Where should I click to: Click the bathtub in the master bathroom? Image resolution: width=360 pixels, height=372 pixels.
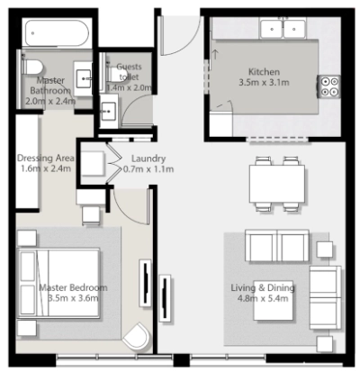pyautogui.click(x=57, y=33)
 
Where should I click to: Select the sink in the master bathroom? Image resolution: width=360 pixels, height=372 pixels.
pyautogui.click(x=83, y=78)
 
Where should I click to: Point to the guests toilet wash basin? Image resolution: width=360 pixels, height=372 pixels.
pyautogui.click(x=108, y=111)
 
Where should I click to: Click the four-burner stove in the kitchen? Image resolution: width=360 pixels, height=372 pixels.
pyautogui.click(x=328, y=86)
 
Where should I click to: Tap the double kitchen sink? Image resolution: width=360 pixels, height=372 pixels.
pyautogui.click(x=283, y=29)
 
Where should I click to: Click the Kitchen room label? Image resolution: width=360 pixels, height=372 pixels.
pyautogui.click(x=264, y=72)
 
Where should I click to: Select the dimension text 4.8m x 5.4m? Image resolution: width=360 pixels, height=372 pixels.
pyautogui.click(x=263, y=298)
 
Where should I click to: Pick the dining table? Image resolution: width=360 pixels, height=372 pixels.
pyautogui.click(x=277, y=184)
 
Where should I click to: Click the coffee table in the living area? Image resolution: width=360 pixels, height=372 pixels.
pyautogui.click(x=273, y=300)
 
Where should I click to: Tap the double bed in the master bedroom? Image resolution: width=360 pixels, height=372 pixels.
pyautogui.click(x=58, y=283)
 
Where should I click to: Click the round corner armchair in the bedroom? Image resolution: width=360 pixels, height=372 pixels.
pyautogui.click(x=137, y=336)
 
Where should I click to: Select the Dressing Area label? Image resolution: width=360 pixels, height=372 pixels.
pyautogui.click(x=46, y=158)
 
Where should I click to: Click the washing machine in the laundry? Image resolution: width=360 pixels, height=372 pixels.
pyautogui.click(x=93, y=164)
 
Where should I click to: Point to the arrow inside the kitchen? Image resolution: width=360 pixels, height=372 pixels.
pyautogui.click(x=215, y=55)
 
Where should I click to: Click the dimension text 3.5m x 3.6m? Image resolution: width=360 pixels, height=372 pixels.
pyautogui.click(x=73, y=298)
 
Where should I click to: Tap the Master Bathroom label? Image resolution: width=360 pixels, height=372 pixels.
pyautogui.click(x=50, y=86)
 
